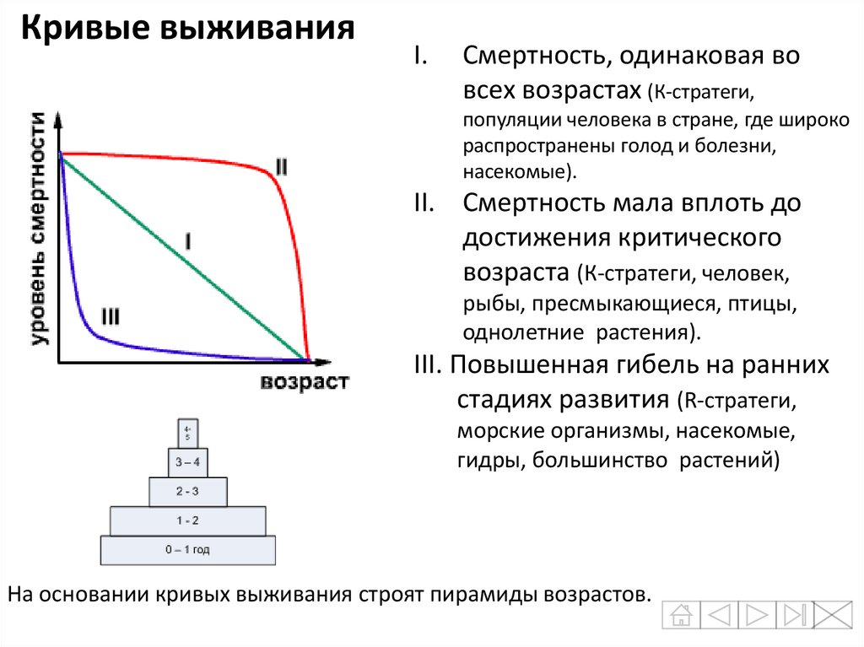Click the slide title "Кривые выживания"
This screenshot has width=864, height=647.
pos(187,30)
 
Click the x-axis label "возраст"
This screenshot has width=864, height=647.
pos(305,381)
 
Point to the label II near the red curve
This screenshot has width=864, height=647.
pos(280,167)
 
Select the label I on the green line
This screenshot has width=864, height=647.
pos(187,243)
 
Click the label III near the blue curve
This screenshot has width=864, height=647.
pos(110,317)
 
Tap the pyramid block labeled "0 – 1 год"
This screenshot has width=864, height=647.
pos(188,550)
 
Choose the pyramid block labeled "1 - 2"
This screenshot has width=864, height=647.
pos(188,520)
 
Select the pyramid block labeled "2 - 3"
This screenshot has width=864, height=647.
pos(188,491)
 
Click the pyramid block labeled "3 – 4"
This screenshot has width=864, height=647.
pos(187,461)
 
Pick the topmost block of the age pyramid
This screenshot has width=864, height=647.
pos(187,432)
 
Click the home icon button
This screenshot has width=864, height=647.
pos(680,614)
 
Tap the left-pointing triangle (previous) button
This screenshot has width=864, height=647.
pos(718,614)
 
